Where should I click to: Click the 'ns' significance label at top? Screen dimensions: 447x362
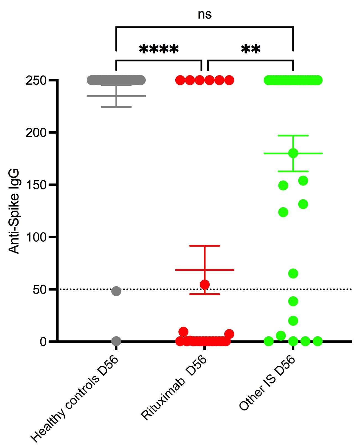pos(205,14)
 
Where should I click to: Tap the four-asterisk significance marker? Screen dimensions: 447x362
pos(159,50)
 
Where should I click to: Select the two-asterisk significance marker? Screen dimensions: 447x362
pos(251,50)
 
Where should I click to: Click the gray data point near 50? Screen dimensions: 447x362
pos(116,291)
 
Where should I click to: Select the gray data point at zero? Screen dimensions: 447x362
pos(116,341)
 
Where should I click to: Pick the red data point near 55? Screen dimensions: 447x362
pos(205,284)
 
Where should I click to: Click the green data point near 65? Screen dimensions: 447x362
pos(293,273)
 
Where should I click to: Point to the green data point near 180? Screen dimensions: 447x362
pos(293,153)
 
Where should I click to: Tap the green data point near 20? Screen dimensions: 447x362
pos(293,321)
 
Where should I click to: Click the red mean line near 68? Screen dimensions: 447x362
pos(188,270)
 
